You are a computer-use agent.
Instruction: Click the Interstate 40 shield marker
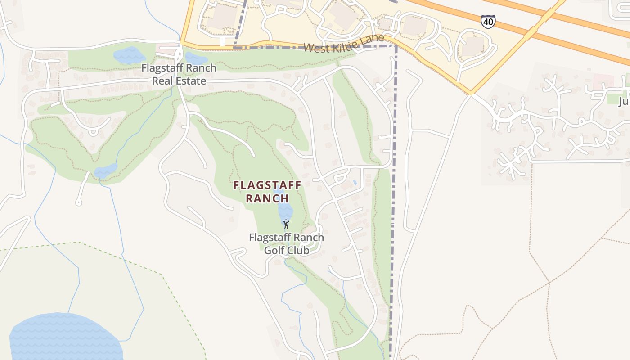pos(488,21)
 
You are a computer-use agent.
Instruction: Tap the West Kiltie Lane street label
pos(344,43)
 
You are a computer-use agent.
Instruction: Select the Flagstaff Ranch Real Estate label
pos(179,74)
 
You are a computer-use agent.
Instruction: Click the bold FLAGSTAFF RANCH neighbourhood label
pos(267,192)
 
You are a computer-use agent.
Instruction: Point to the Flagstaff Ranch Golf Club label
pos(286,243)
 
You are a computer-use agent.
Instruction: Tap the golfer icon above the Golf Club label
pos(286,224)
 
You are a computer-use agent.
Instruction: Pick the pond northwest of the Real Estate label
pos(129,55)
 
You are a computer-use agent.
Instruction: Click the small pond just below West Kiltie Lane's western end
pos(196,58)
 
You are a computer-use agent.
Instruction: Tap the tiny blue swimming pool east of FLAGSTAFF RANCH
pos(355,183)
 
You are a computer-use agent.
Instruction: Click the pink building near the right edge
pos(603,82)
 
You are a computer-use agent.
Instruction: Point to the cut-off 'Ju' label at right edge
pos(624,101)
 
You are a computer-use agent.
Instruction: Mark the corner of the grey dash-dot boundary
pos(396,46)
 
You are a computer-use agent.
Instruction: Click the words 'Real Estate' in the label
pos(179,81)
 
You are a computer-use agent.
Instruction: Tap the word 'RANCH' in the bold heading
pos(267,198)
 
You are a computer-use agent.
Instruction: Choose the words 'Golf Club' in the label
pos(286,250)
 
